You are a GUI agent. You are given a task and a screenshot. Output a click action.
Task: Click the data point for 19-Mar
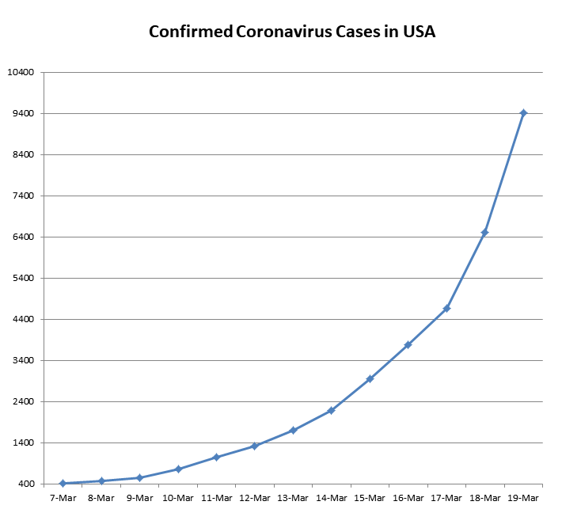(523, 113)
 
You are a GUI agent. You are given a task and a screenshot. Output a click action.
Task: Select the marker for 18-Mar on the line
(484, 233)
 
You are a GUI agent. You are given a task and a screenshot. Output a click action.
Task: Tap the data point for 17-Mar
(446, 308)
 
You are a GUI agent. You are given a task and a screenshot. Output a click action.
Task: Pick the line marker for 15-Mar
(370, 379)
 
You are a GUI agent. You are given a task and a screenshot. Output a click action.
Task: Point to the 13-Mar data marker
(293, 431)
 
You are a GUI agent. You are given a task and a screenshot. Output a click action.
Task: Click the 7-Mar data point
(63, 484)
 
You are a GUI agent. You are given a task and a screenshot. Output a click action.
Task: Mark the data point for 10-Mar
(178, 469)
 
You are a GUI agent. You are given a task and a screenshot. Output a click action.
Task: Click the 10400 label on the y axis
(21, 73)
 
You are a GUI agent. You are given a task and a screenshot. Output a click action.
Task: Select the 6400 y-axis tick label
(24, 237)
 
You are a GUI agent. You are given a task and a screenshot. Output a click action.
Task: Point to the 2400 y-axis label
(24, 402)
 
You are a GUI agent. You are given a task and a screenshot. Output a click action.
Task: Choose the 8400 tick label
(24, 155)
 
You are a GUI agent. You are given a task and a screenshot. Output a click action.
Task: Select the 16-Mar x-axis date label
(408, 499)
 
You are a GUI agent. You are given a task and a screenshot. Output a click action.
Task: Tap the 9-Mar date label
(139, 499)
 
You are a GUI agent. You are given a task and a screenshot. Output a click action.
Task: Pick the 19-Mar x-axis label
(523, 499)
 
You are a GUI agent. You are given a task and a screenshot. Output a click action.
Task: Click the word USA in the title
(417, 32)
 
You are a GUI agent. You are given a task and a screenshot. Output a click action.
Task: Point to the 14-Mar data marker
(331, 411)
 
